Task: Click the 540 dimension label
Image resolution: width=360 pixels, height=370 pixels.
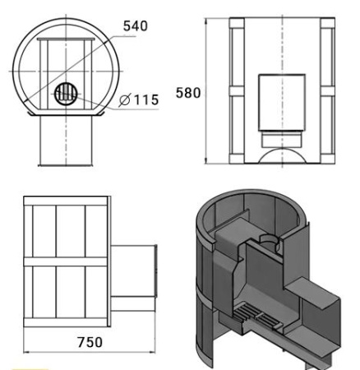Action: point(136,26)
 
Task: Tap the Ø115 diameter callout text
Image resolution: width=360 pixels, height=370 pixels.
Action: point(139,99)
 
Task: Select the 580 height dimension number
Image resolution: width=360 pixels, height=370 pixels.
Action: point(188,93)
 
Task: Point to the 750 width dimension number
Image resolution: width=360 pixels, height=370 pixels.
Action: point(90,342)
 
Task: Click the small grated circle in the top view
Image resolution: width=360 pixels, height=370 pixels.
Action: point(66,94)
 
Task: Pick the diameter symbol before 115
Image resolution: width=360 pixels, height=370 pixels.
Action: point(125,100)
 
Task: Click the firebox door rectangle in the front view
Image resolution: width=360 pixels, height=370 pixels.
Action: point(282,102)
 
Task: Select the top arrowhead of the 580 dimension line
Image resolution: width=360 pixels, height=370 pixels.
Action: point(206,21)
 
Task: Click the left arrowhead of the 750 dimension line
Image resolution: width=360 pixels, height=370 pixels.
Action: point(26,352)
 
